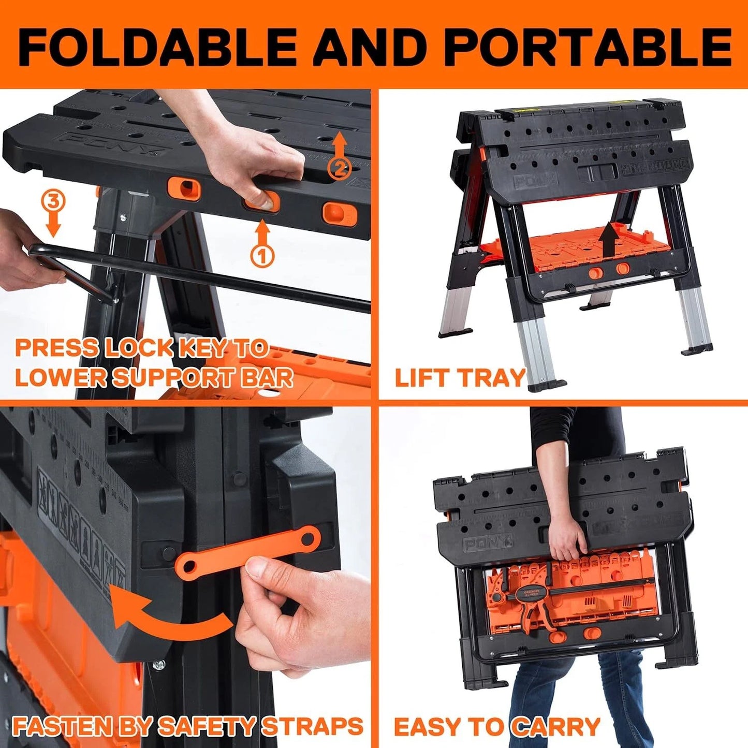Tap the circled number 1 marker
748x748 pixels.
[262, 256]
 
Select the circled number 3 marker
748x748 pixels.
[53, 200]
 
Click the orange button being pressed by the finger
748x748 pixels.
[261, 201]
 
